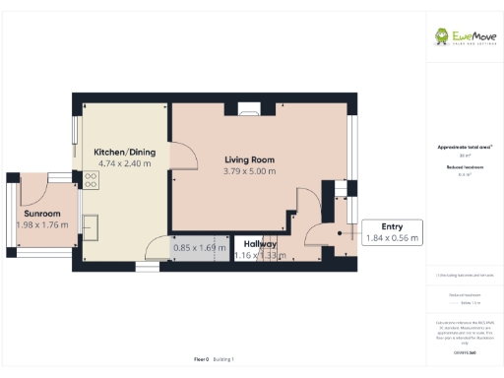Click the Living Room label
[249, 159]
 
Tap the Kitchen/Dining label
[123, 152]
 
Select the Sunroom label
[42, 214]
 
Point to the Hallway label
[260, 243]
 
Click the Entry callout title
[379, 225]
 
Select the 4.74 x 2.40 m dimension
[124, 163]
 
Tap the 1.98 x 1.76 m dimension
[42, 224]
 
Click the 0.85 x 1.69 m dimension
[200, 247]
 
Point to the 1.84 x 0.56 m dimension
[392, 237]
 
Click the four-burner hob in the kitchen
[91, 180]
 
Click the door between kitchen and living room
[181, 156]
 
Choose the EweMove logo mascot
[445, 36]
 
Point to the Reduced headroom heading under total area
[464, 168]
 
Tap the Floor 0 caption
[201, 359]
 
